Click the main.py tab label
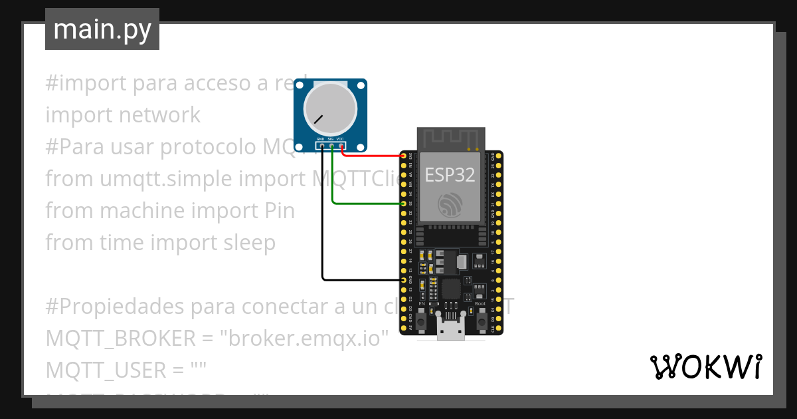[x=102, y=29]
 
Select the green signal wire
[x=365, y=204]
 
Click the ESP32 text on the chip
[x=450, y=175]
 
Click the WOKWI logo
[x=705, y=366]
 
